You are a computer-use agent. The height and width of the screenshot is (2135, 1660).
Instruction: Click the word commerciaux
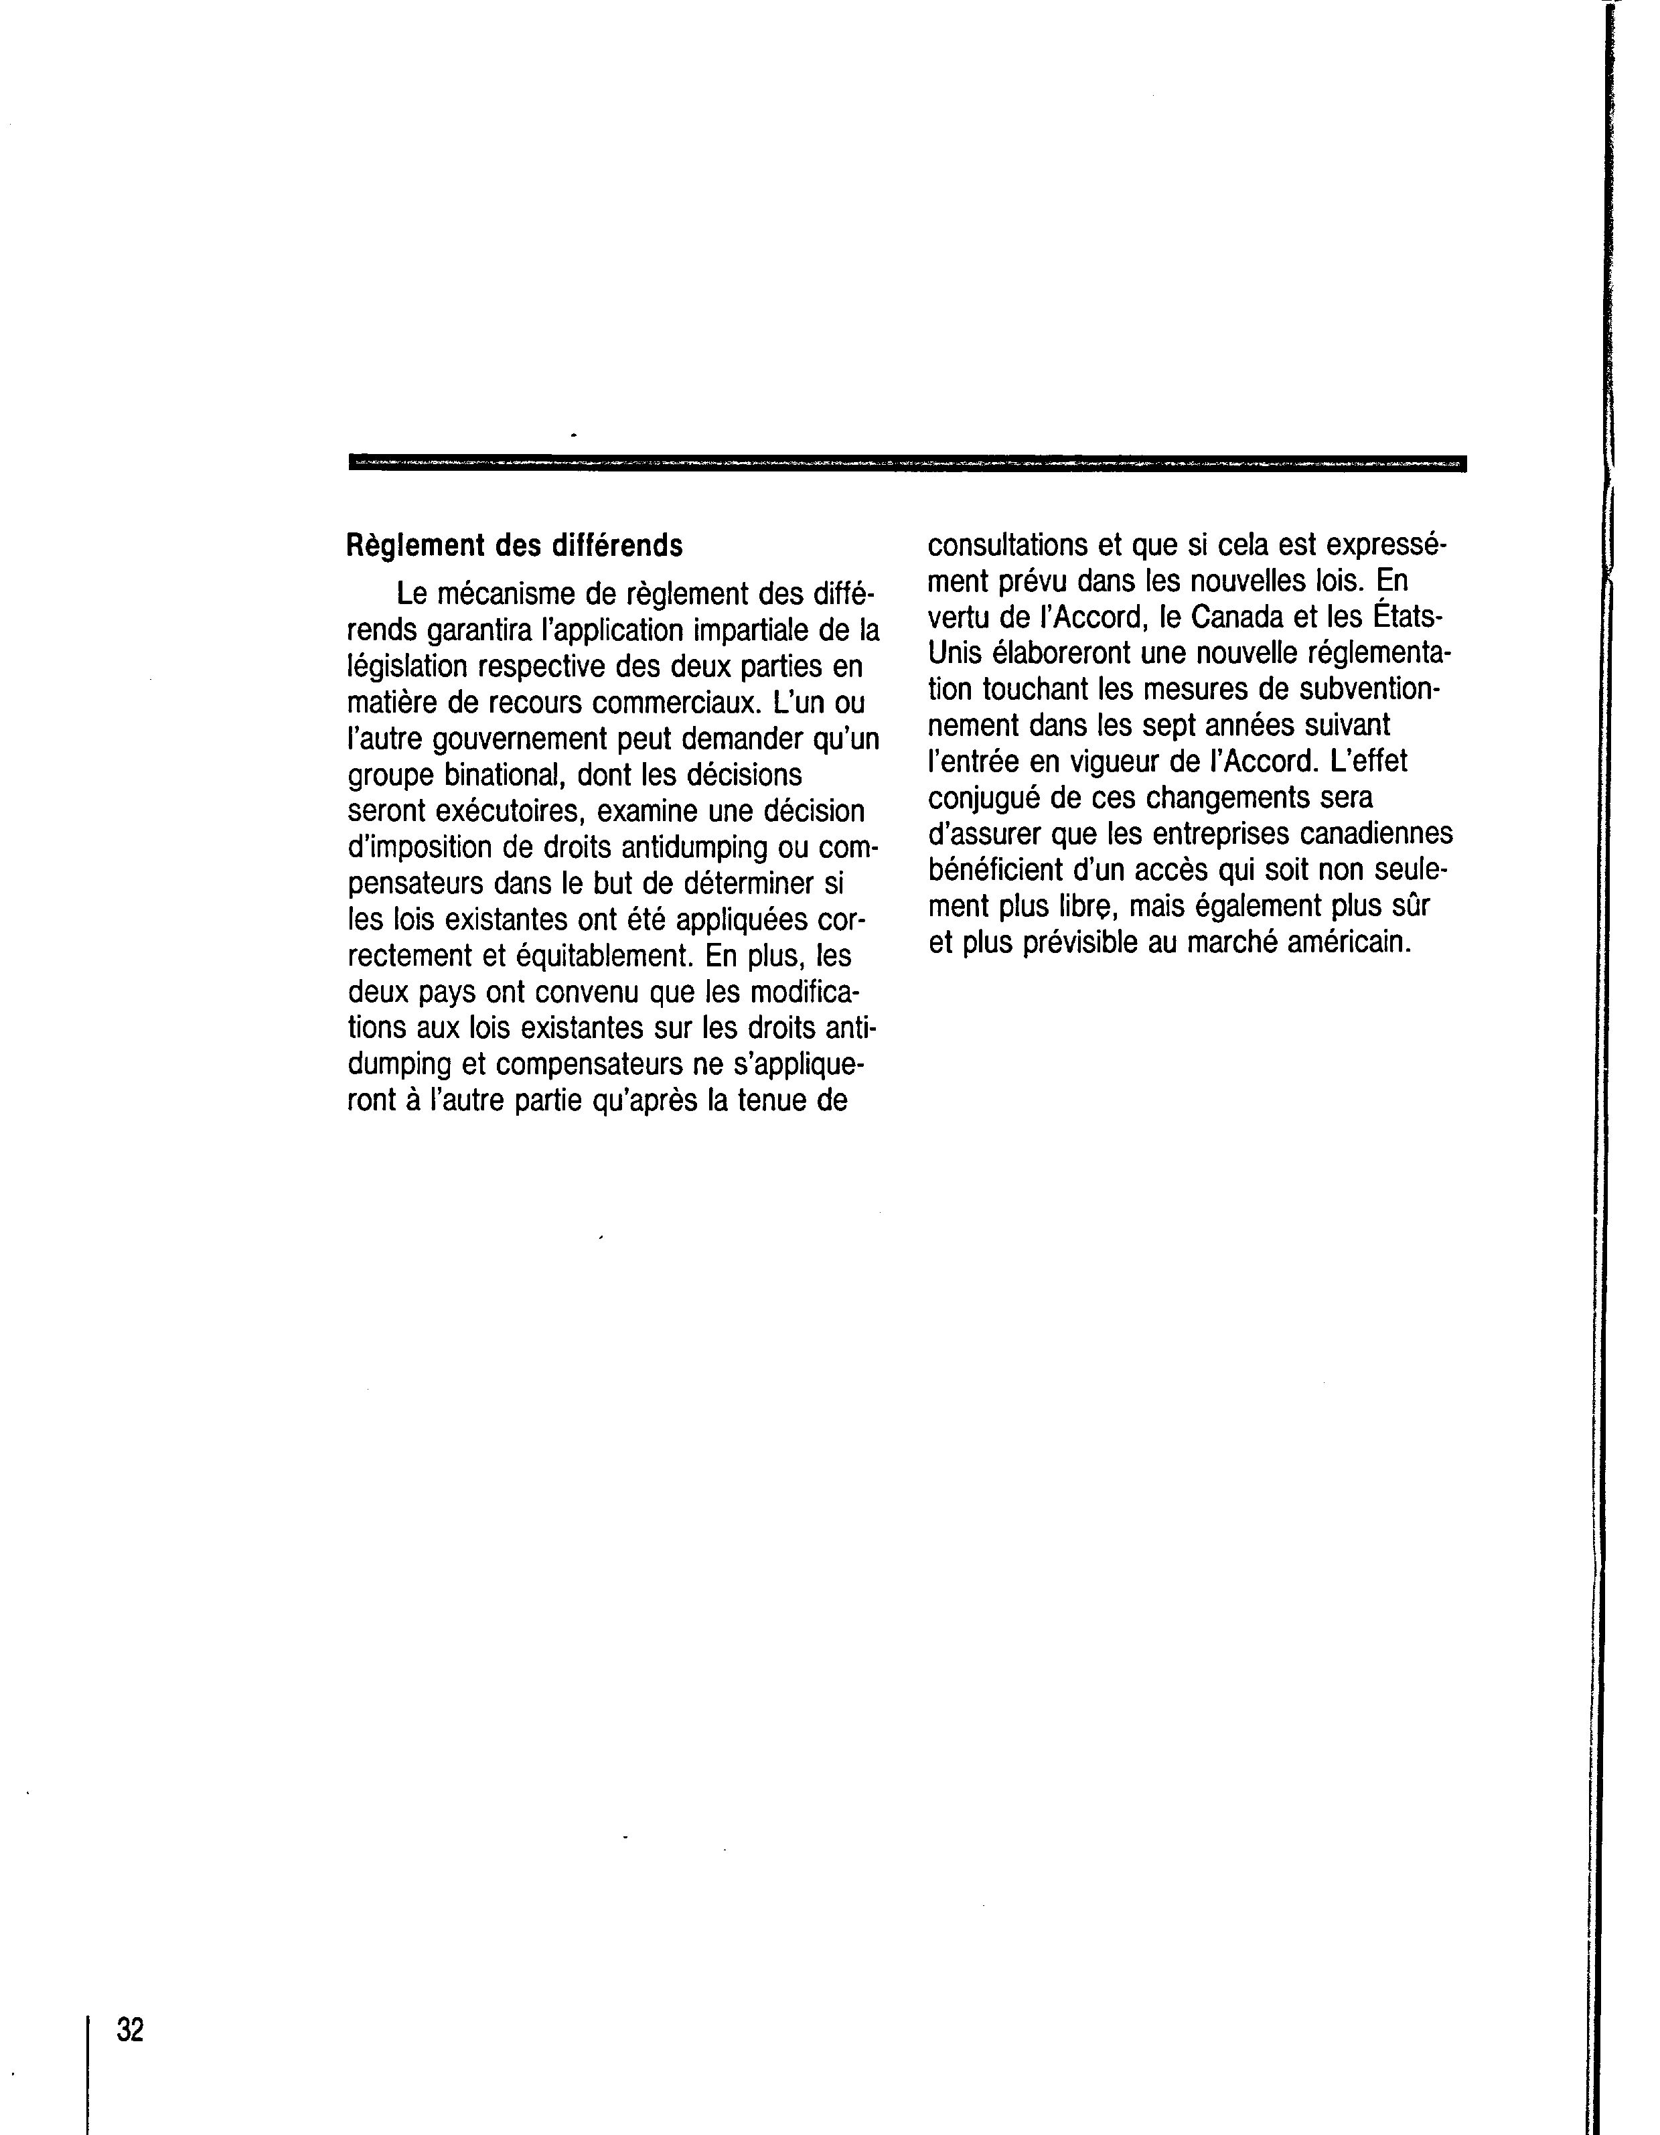point(672,703)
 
